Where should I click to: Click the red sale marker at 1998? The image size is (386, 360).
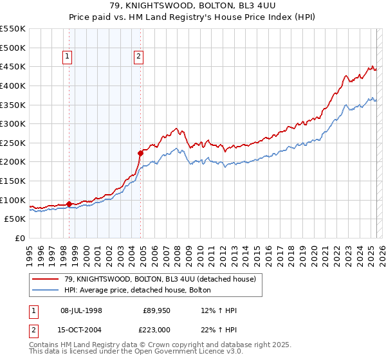[x=69, y=204]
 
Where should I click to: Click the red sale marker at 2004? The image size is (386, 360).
[x=140, y=153]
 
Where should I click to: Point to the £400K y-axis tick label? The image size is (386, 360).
[x=14, y=85]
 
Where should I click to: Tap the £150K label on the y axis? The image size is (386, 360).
[x=14, y=181]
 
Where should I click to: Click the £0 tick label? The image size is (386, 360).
[x=20, y=238]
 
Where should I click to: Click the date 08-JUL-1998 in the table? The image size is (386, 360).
[x=81, y=311]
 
